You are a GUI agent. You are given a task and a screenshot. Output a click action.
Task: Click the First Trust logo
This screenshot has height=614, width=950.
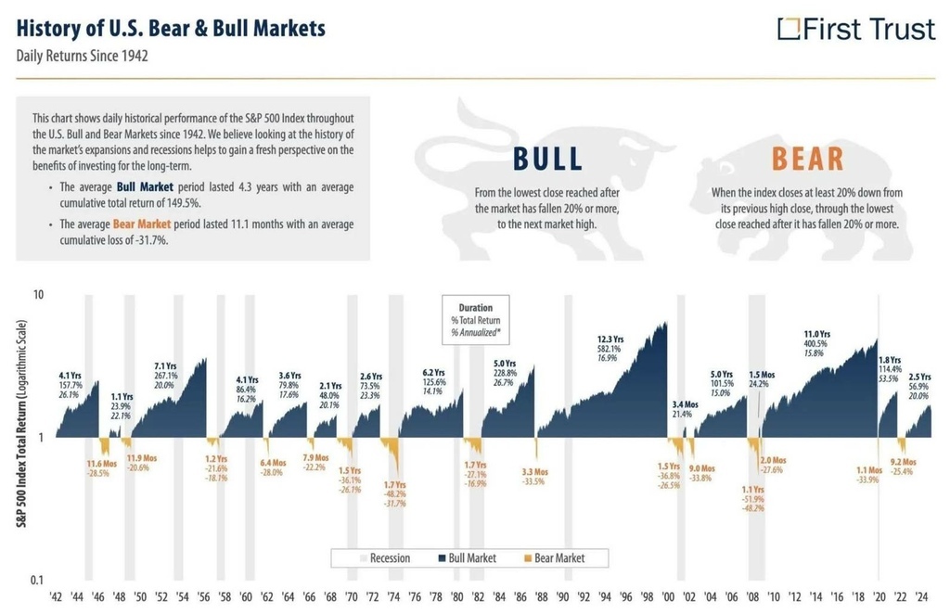(x=855, y=30)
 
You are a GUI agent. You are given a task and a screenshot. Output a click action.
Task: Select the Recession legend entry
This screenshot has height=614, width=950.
(x=383, y=558)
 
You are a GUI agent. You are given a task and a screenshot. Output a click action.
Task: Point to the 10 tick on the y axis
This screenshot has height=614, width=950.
(x=39, y=295)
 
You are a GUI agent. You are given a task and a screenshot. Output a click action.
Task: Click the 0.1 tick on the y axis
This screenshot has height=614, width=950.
(x=36, y=581)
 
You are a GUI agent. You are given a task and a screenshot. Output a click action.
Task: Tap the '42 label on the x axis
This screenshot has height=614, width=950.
(x=57, y=598)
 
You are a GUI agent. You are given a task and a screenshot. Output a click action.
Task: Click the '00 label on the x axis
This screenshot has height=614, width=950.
(x=668, y=598)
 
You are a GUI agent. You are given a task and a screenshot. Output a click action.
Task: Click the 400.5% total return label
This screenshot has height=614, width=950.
(x=817, y=343)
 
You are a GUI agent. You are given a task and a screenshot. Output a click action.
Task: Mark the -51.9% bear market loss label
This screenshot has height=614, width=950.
(x=753, y=499)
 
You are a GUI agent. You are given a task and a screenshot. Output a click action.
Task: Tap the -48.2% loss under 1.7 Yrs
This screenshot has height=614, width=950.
(x=395, y=494)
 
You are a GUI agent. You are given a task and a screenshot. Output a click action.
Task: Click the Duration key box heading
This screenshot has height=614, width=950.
(x=475, y=308)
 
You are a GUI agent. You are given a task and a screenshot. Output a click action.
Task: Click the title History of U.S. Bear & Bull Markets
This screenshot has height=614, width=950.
(x=172, y=28)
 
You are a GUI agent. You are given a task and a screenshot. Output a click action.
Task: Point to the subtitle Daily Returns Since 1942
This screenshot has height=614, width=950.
(x=83, y=56)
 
